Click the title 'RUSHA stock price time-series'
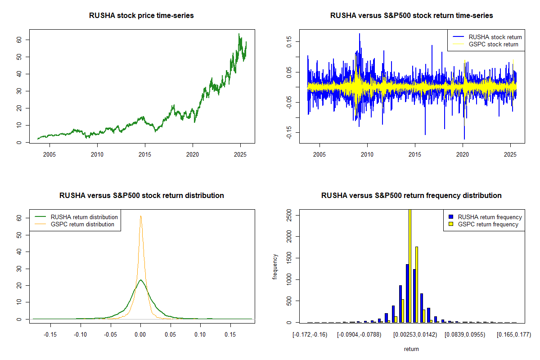141,16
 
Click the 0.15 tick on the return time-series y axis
289,41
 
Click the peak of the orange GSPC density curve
141,216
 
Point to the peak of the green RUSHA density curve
141,280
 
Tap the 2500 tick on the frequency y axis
289,215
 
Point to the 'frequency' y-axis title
275,267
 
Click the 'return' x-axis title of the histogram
411,349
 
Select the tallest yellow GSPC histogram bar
409,265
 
